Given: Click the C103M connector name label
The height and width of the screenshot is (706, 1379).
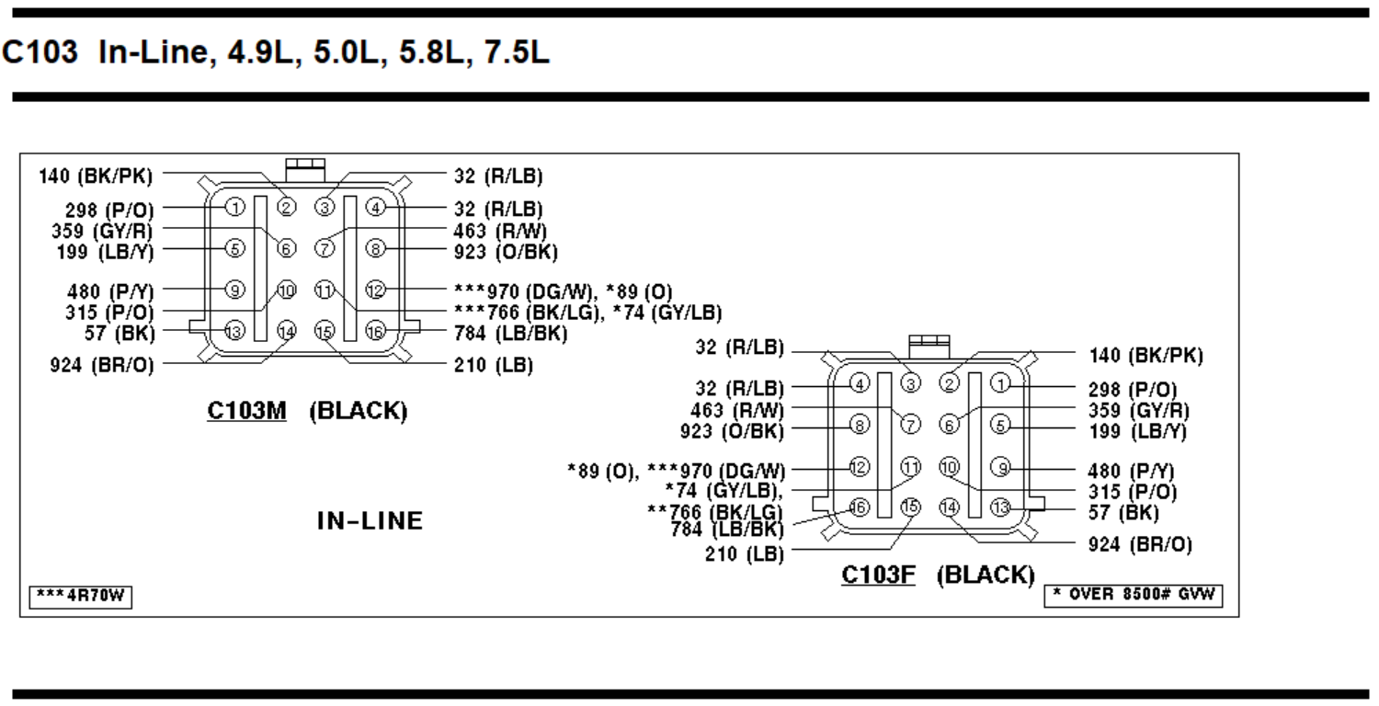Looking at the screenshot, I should pyautogui.click(x=246, y=411).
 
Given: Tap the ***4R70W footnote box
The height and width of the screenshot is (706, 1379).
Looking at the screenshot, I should pyautogui.click(x=80, y=598).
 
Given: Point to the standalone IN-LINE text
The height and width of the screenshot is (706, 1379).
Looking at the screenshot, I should pyautogui.click(x=370, y=521).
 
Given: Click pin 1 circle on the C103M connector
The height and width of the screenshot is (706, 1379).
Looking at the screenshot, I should pyautogui.click(x=235, y=207).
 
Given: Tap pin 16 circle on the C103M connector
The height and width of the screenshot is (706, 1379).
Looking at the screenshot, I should pyautogui.click(x=374, y=332).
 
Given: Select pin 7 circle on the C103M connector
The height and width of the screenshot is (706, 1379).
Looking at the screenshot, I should pyautogui.click(x=323, y=248).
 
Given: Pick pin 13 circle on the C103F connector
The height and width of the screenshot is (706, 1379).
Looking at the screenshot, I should pyautogui.click(x=1000, y=507).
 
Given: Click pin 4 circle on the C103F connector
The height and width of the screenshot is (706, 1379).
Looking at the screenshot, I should pyautogui.click(x=859, y=383).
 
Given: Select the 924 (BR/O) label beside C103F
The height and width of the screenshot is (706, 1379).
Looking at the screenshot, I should pyautogui.click(x=1141, y=545).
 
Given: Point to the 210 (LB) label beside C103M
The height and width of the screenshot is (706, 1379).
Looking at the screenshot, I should pyautogui.click(x=493, y=365).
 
